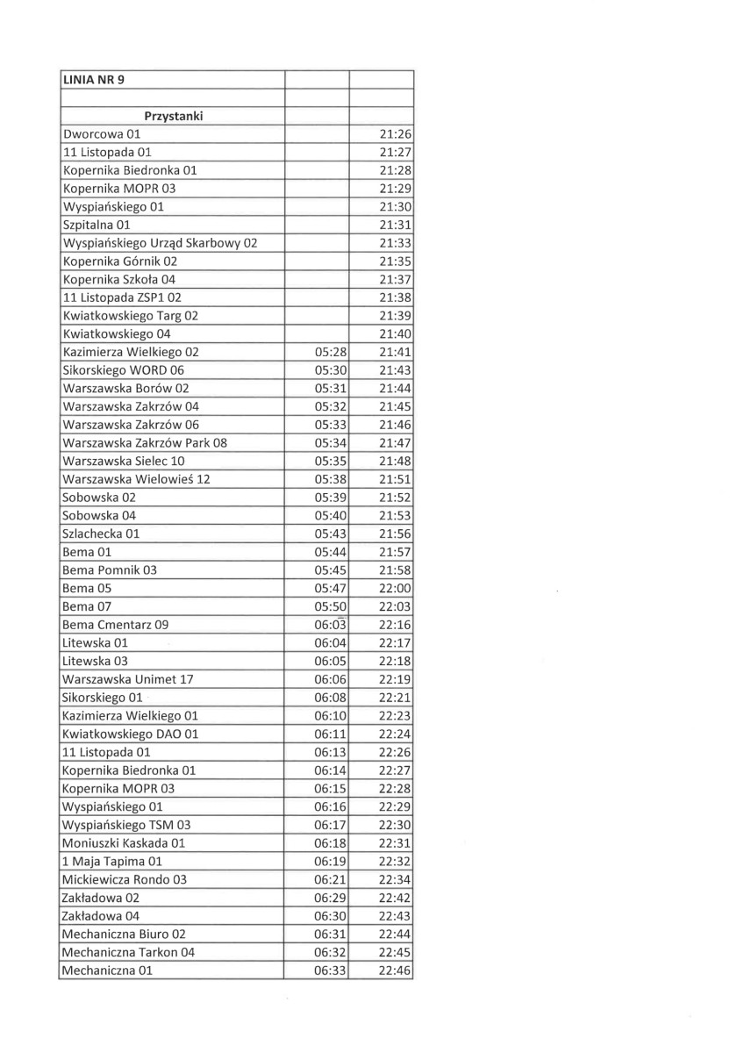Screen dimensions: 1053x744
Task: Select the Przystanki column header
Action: [x=174, y=116]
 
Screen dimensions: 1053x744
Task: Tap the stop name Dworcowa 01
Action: [x=102, y=134]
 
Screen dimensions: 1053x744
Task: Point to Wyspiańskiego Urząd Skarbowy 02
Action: [x=160, y=243]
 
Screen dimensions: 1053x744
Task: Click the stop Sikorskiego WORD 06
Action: [x=124, y=370]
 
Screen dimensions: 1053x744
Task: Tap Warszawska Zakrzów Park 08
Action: [x=145, y=443]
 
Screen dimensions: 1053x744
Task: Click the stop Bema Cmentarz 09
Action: [x=116, y=625]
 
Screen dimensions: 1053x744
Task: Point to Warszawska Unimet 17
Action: [x=128, y=679]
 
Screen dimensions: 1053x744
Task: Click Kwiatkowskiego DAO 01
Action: [x=131, y=734]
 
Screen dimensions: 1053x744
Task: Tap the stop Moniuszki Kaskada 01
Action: [x=124, y=842]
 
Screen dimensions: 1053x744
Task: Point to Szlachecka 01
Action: [x=102, y=534]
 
